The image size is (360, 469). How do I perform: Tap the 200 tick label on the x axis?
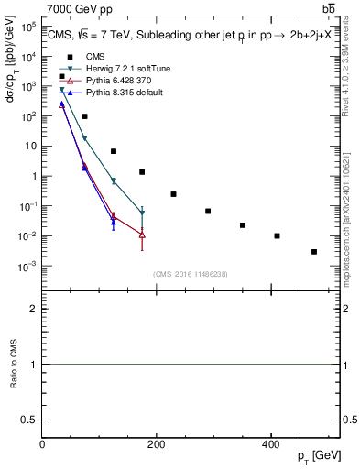[x=156, y=444]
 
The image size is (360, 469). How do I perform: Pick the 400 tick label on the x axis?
[x=270, y=444]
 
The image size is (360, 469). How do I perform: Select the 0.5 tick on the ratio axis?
[x=30, y=421]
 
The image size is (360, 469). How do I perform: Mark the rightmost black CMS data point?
[x=314, y=252]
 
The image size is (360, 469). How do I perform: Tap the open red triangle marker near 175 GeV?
[x=142, y=234]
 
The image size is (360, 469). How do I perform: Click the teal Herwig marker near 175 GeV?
[x=142, y=213]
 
